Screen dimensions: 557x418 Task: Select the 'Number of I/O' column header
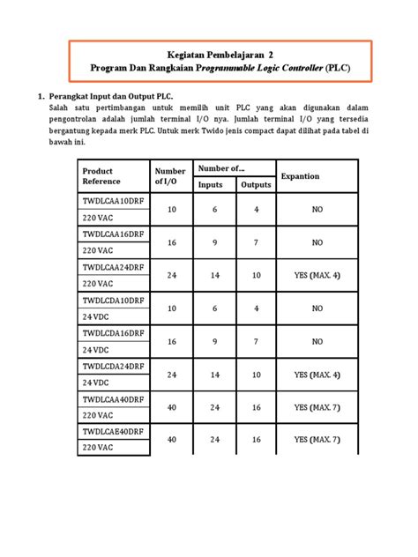(170, 175)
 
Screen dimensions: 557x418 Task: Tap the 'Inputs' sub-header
(211, 185)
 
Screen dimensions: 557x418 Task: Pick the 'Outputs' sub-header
(257, 185)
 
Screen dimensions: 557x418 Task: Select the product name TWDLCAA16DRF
(112, 234)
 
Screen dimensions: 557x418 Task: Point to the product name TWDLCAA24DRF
(112, 266)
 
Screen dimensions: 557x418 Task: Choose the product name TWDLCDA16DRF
(112, 332)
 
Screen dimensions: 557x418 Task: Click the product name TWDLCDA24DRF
(112, 366)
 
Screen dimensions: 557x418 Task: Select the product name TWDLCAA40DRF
(112, 398)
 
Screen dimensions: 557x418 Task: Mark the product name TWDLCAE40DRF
(112, 431)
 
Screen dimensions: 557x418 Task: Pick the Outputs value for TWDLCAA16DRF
(257, 242)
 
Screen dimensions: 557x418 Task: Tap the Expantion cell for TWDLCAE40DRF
(317, 439)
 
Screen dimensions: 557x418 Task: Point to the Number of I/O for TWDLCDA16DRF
(171, 341)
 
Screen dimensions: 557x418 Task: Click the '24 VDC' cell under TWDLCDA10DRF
(98, 317)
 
